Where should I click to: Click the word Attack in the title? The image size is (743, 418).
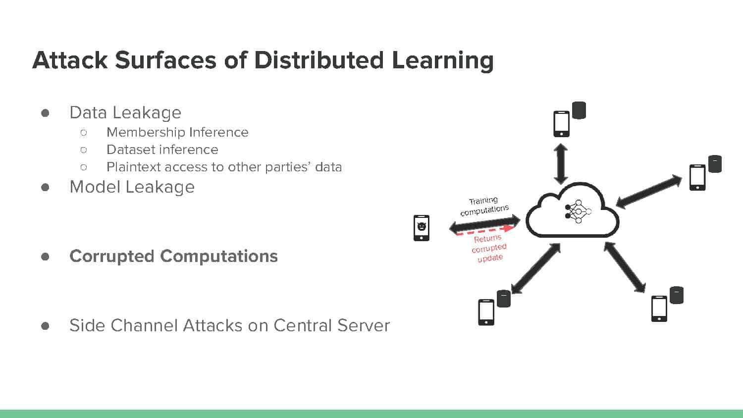[x=70, y=60]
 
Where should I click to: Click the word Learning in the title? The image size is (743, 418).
[x=443, y=61]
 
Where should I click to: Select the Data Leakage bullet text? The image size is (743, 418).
[x=125, y=112]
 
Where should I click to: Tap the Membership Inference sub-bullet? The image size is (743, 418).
[x=177, y=132]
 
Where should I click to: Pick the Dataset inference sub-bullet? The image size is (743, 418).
[x=162, y=150]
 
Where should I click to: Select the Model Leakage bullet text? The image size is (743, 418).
[x=132, y=187]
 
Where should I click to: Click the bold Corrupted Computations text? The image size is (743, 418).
[x=173, y=257]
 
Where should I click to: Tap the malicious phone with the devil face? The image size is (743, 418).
[x=422, y=228]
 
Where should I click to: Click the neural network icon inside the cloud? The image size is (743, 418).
[x=578, y=211]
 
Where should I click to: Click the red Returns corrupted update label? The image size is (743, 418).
[x=489, y=248]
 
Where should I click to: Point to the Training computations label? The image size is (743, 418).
[x=484, y=206]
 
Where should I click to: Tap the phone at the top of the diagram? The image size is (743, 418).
[x=562, y=124]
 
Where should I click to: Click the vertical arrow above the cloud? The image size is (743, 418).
[x=561, y=164]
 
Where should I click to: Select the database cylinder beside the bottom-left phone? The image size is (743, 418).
[x=504, y=299]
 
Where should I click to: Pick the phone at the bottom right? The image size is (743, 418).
[x=659, y=309]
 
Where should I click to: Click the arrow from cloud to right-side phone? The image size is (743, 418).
[x=648, y=192]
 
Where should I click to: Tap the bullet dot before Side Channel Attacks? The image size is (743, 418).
[x=45, y=326]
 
